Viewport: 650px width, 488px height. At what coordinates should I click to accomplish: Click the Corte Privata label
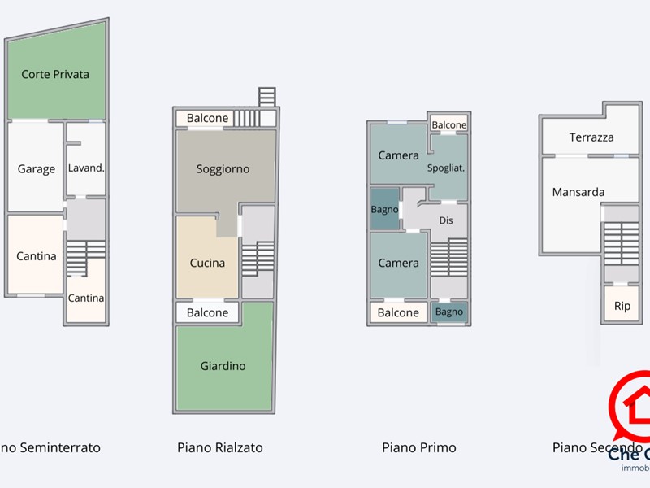point(55,74)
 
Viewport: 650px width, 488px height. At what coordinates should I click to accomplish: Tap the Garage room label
point(37,169)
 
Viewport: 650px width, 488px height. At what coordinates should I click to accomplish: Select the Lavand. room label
point(85,168)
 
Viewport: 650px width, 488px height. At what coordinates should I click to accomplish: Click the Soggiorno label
point(223,169)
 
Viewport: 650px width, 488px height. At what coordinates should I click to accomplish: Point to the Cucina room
point(207,263)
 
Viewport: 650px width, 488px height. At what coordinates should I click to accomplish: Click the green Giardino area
point(223,366)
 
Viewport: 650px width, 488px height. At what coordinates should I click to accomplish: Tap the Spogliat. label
point(446,168)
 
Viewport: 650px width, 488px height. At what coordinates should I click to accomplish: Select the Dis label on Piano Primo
point(446,220)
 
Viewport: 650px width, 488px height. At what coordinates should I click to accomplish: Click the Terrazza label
point(591,137)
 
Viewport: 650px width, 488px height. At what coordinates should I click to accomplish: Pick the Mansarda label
point(578,192)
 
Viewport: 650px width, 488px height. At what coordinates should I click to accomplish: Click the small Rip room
point(622,307)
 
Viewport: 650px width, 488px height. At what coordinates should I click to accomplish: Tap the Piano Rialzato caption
point(220,447)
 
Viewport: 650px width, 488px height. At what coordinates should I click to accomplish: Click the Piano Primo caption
point(419,447)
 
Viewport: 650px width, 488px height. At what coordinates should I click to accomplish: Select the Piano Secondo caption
point(597,447)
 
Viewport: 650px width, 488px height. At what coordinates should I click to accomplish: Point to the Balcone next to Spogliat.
point(449,124)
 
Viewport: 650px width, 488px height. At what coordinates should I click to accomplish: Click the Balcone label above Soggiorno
point(207,118)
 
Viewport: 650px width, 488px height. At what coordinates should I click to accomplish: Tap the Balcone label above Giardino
point(207,312)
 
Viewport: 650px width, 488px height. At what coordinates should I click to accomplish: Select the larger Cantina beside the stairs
point(37,256)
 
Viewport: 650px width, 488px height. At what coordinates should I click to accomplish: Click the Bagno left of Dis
point(384,209)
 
